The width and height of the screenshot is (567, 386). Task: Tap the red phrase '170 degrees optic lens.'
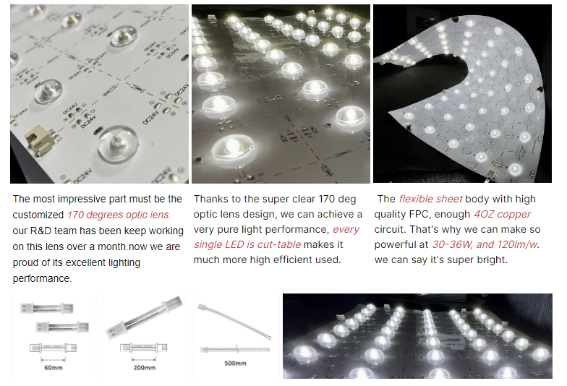(119, 215)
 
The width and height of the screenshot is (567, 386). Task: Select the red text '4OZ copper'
(502, 214)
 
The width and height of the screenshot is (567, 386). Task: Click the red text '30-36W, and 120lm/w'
(485, 244)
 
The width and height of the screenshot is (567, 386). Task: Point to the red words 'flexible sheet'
(430, 199)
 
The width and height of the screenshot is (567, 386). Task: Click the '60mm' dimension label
(54, 367)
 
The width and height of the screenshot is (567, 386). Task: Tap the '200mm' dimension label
(145, 367)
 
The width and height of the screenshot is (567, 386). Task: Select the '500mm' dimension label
(235, 363)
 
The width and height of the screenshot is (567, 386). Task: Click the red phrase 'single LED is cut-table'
(247, 244)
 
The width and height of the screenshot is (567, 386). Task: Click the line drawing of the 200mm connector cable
(143, 348)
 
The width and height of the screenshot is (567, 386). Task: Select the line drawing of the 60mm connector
(54, 348)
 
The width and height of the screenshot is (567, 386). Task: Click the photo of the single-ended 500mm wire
(234, 321)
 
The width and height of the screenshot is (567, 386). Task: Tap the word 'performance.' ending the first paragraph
(42, 278)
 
